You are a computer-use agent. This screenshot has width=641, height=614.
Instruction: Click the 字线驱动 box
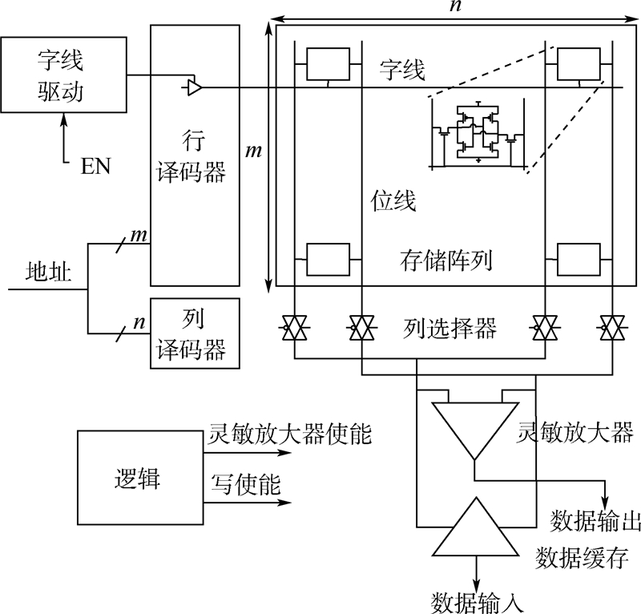click(64, 75)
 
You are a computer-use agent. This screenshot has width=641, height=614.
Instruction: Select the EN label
click(95, 167)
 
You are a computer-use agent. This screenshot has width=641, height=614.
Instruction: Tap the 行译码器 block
click(195, 156)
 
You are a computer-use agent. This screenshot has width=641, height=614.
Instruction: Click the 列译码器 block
click(195, 333)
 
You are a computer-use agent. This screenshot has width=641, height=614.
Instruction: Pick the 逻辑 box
click(140, 478)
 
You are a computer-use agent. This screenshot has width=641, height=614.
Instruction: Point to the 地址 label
click(48, 271)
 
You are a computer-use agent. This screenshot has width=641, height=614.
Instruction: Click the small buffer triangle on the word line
click(195, 87)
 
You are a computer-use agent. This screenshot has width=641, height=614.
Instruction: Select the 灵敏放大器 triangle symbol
click(475, 430)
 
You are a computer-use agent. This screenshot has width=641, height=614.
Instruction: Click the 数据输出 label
click(595, 521)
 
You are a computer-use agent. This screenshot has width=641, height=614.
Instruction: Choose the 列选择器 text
click(450, 328)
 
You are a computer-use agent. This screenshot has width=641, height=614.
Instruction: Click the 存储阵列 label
click(445, 261)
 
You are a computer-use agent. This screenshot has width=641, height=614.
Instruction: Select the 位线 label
click(393, 200)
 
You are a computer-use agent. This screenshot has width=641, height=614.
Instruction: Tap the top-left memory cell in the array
click(329, 64)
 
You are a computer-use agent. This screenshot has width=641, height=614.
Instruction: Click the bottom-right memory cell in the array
click(579, 260)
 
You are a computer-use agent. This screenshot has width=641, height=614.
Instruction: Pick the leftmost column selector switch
click(295, 328)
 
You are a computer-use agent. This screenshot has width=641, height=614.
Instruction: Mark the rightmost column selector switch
click(612, 328)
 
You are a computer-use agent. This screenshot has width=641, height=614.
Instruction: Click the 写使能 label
click(246, 484)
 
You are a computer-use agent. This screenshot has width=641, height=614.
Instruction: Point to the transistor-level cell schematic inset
click(477, 134)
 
